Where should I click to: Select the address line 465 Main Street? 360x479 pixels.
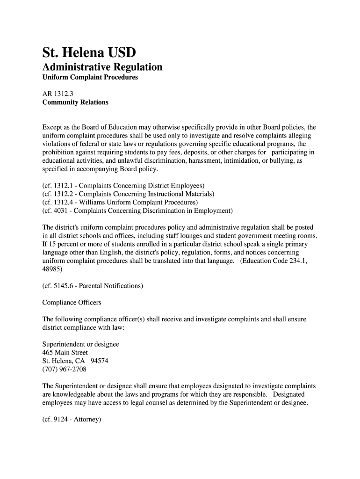65,352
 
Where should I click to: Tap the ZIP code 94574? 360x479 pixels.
101,361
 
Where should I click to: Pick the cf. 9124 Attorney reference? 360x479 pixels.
72,420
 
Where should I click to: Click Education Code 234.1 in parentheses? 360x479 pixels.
274,261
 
